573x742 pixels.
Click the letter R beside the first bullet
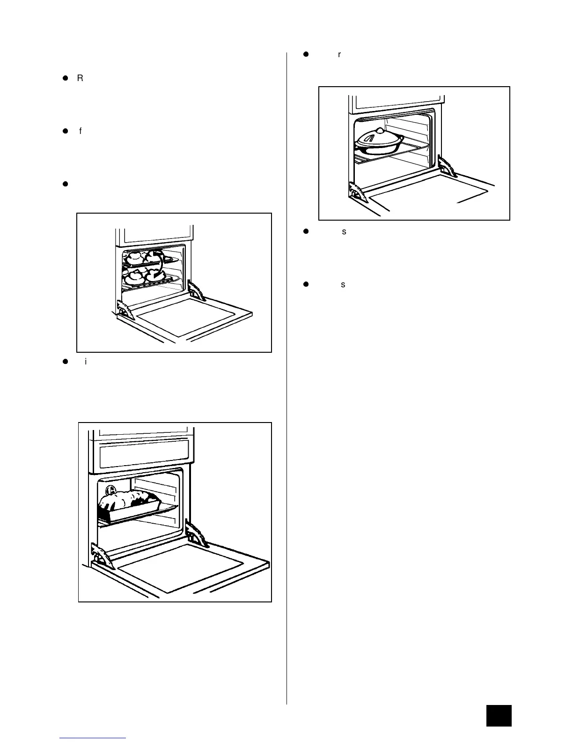click(x=80, y=78)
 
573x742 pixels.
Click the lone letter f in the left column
click(x=81, y=131)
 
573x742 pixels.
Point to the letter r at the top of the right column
click(x=339, y=55)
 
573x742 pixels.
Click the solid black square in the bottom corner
click(x=499, y=715)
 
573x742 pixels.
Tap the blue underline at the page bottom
click(x=93, y=738)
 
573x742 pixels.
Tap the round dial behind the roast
click(x=110, y=490)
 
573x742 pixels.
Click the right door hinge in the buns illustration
click(x=197, y=291)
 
